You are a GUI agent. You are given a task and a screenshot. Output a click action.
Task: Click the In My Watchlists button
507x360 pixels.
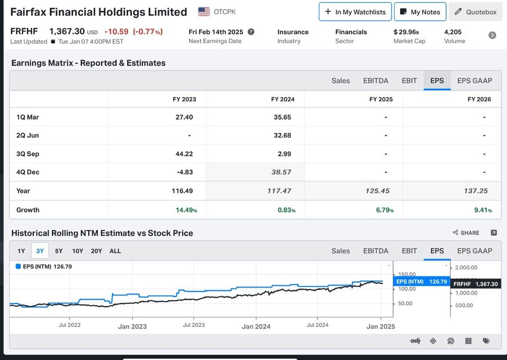(x=355, y=12)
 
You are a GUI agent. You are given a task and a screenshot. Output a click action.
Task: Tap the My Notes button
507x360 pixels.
(x=420, y=12)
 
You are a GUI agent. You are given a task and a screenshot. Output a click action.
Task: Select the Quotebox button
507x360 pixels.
(x=476, y=12)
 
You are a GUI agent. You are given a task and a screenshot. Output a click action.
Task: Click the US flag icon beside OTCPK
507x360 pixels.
(x=204, y=12)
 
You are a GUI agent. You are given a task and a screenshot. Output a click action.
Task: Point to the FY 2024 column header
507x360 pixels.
(x=282, y=99)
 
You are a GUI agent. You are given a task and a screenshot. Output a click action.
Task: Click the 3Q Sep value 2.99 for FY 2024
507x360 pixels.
(x=284, y=154)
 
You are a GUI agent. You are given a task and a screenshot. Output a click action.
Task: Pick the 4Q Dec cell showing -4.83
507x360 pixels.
(x=185, y=172)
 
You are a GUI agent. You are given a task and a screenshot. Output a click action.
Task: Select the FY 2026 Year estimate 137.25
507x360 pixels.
(x=476, y=191)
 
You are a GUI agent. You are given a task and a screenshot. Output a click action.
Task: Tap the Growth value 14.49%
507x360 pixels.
(x=186, y=210)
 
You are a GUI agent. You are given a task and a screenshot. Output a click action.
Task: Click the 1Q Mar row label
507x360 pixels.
(x=27, y=117)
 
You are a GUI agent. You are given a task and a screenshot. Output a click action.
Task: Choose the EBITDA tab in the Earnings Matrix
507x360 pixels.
(x=375, y=81)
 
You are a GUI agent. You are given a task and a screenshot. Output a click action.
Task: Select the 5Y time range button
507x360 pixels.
(x=58, y=251)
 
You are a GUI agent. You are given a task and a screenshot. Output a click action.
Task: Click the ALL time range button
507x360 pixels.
(x=115, y=251)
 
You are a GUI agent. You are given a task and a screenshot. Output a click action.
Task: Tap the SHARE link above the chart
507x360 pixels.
(x=466, y=233)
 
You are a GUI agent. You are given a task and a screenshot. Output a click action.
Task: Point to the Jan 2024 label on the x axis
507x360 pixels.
(x=256, y=327)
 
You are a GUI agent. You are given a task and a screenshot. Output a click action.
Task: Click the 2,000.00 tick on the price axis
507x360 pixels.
(x=466, y=268)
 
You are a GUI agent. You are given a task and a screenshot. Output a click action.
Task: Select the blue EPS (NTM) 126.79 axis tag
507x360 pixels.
(x=422, y=282)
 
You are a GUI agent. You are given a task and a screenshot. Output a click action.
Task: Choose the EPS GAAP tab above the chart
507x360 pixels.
(x=475, y=250)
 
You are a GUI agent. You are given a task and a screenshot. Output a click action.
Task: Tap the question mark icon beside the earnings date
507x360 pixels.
(x=251, y=32)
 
